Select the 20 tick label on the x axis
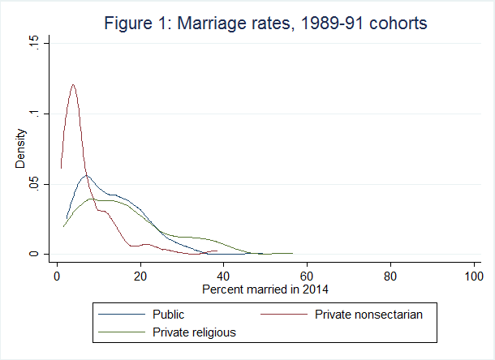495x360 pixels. click(140, 276)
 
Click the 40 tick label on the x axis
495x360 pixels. click(224, 276)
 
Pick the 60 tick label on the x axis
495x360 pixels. click(308, 276)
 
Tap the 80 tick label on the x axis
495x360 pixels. click(390, 276)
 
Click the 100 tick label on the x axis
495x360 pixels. click(473, 276)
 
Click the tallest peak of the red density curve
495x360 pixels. click(73, 84)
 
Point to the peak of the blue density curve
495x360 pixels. click(86, 175)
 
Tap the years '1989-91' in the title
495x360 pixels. click(333, 25)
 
